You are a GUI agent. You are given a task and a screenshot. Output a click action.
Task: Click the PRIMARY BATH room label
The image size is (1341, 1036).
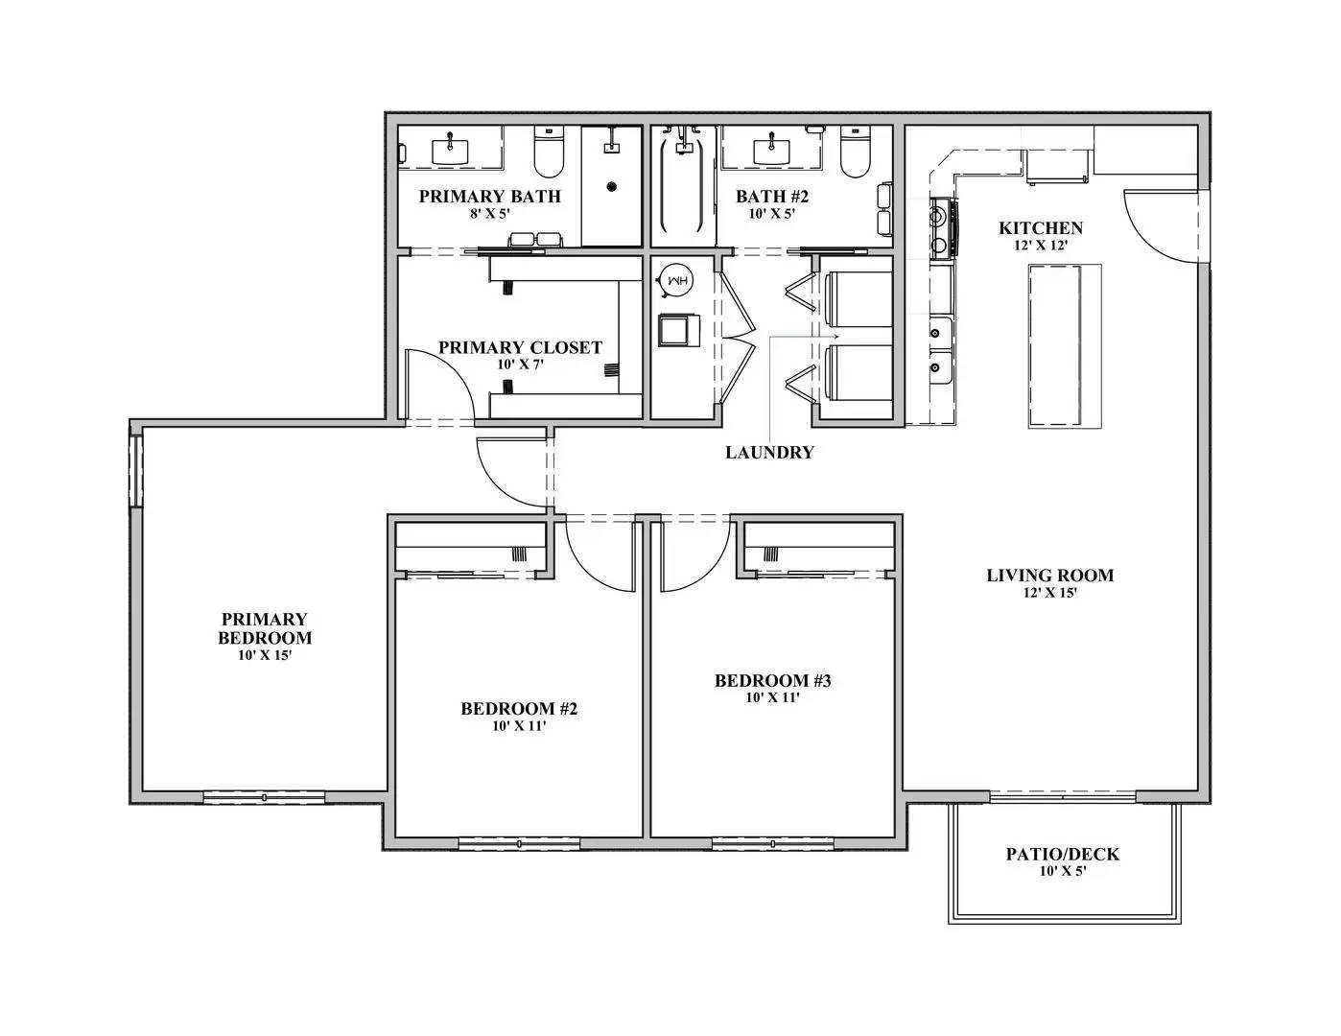[x=489, y=197]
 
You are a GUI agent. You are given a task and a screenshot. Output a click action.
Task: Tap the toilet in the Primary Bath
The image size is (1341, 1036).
[x=548, y=156]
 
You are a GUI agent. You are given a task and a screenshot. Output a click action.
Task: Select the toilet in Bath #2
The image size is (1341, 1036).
[x=854, y=156]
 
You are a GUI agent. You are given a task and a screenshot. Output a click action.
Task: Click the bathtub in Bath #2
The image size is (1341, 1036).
[x=683, y=189]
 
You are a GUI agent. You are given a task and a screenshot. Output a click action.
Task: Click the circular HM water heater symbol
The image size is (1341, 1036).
[x=677, y=281]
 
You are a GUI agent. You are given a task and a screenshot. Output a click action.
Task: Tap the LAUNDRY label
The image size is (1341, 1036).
[x=769, y=453]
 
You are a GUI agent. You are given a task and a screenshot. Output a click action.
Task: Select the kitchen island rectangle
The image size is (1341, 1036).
[x=1064, y=345]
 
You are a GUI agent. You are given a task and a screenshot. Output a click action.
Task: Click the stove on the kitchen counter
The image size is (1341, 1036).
[x=939, y=228]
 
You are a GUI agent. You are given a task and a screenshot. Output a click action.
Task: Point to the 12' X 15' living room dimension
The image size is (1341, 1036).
[x=1049, y=593]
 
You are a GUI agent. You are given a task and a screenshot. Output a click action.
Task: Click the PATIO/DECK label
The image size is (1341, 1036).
[x=1062, y=854]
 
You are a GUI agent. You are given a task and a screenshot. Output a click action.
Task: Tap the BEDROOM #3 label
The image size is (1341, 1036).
[x=772, y=681]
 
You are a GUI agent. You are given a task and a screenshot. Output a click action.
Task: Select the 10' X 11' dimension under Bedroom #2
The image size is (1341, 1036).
[x=519, y=726]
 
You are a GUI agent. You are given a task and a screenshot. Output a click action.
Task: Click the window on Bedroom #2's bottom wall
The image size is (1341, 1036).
[x=519, y=843]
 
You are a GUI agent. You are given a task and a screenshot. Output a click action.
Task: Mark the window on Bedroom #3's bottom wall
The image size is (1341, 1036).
[x=772, y=843]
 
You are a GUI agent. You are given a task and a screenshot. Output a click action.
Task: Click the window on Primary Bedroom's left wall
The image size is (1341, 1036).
[x=136, y=470]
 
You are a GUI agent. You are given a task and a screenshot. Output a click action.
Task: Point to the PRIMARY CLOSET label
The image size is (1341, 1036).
[x=520, y=347]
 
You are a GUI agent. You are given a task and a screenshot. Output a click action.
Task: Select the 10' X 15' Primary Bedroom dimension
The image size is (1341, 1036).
[x=264, y=655]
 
